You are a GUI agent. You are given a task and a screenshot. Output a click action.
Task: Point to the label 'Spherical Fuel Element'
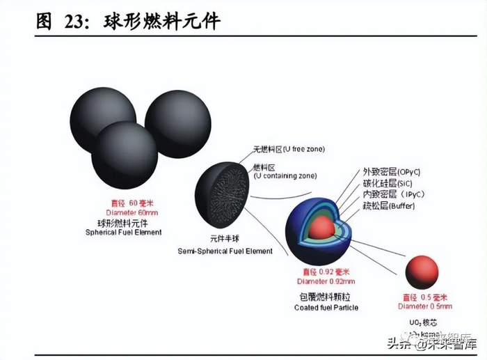(125, 232)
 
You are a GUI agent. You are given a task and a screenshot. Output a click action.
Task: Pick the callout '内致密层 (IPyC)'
(393, 194)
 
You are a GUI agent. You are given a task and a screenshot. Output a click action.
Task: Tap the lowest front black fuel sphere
(125, 154)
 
